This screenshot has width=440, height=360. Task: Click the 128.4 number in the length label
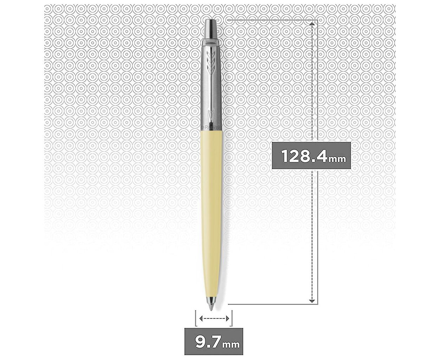pyautogui.click(x=305, y=156)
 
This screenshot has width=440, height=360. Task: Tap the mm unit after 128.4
pyautogui.click(x=337, y=159)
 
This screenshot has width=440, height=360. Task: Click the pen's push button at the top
pyautogui.click(x=211, y=29)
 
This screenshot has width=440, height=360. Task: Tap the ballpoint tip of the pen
pyautogui.click(x=211, y=308)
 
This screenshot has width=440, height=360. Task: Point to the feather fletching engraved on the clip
pyautogui.click(x=211, y=61)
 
